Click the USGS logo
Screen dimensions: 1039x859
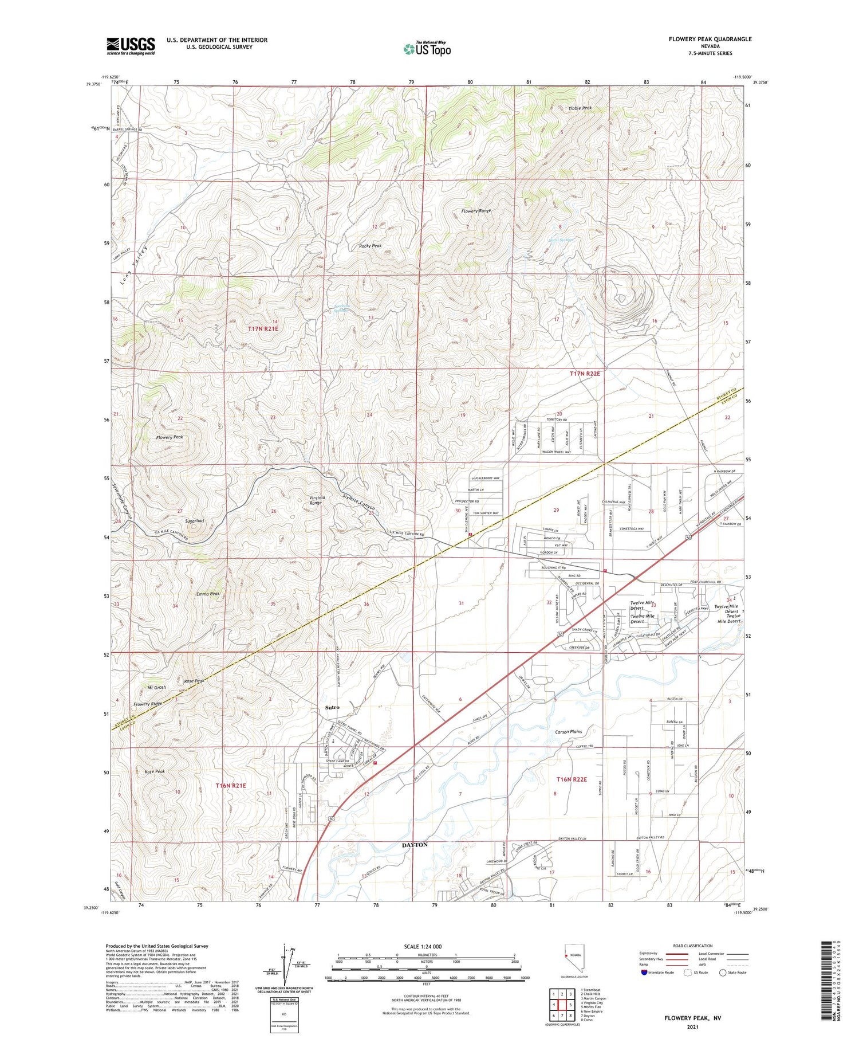coord(131,46)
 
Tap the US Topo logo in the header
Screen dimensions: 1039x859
coord(427,49)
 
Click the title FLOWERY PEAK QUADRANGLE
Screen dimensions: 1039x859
coord(710,39)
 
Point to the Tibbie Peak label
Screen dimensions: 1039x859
coord(580,108)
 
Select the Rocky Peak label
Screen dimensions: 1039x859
coord(370,246)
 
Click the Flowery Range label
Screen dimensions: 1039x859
coord(476,211)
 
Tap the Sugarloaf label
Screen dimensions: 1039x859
coord(195,521)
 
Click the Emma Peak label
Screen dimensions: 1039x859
coord(207,594)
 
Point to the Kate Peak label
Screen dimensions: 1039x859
coord(155,771)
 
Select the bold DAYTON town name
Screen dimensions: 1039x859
coord(415,845)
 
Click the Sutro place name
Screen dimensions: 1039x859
coord(332,707)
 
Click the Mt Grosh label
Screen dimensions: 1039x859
coord(157,687)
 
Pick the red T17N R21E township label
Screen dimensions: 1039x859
coord(263,328)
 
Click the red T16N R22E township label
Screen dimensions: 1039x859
coord(572,779)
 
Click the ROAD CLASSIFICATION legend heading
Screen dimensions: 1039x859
coord(693,946)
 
